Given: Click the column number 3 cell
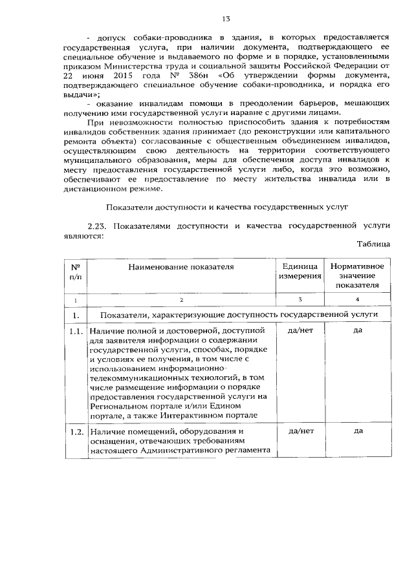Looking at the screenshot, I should pyautogui.click(x=300, y=299).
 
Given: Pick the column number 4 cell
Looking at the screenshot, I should pyautogui.click(x=357, y=299).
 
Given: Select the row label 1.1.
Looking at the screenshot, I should pyautogui.click(x=76, y=331).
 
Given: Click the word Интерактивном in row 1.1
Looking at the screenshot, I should pyautogui.click(x=213, y=415).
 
